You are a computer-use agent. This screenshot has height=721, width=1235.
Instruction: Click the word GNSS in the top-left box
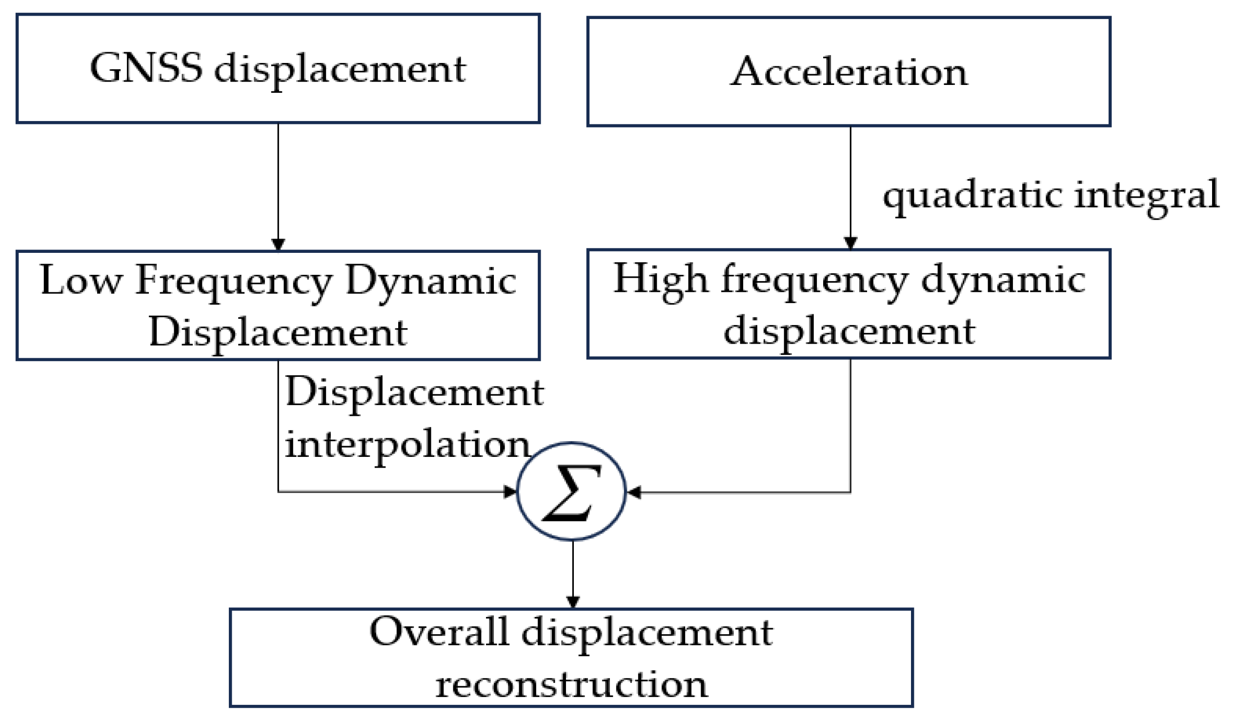click(x=146, y=68)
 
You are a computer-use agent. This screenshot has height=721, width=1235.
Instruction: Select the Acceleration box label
click(x=849, y=72)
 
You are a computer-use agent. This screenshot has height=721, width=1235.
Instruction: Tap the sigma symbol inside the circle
click(x=571, y=492)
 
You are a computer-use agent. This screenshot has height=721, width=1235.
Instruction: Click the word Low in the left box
click(x=81, y=280)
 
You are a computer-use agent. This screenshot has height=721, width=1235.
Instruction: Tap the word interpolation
click(x=407, y=445)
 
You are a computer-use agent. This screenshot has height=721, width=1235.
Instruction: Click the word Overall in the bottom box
click(x=439, y=632)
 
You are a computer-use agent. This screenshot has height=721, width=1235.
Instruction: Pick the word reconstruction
click(x=571, y=684)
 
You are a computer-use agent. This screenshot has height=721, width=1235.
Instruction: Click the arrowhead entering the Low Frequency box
click(x=278, y=244)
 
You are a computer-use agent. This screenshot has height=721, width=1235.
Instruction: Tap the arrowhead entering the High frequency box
click(x=850, y=243)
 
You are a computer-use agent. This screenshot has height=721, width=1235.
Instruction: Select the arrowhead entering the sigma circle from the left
click(x=510, y=491)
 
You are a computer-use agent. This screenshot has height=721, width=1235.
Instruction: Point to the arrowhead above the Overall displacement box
click(x=573, y=601)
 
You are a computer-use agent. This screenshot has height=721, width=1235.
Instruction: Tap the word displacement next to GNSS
click(x=340, y=69)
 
